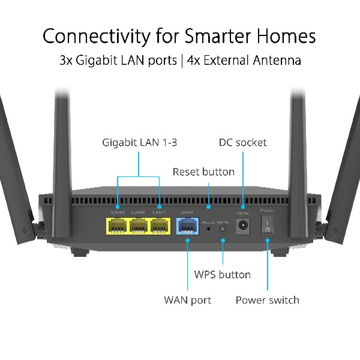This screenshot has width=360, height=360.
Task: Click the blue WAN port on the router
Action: [x=187, y=226]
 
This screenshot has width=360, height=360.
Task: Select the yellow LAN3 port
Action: [x=117, y=226]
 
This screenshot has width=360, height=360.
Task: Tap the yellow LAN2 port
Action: [x=138, y=226]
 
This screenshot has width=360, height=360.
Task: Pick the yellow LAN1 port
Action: [x=159, y=226]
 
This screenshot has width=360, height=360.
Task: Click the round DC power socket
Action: [x=244, y=226]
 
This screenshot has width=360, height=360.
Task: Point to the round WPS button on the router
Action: [x=223, y=228]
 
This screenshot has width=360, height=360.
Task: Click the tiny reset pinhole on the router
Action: [x=208, y=228]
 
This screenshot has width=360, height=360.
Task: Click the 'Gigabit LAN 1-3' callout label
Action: [x=139, y=143]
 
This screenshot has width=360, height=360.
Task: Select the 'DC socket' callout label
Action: [x=242, y=143]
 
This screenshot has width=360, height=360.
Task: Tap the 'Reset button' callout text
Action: [x=203, y=172]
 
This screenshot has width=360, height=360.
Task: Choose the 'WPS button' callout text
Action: [x=222, y=275]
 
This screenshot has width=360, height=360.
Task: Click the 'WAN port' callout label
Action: [x=187, y=299]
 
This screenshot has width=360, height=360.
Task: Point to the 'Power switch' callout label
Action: [x=267, y=299]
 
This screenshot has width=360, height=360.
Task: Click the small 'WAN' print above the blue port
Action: [x=187, y=212]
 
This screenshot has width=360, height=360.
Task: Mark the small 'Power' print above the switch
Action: [x=266, y=211]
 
